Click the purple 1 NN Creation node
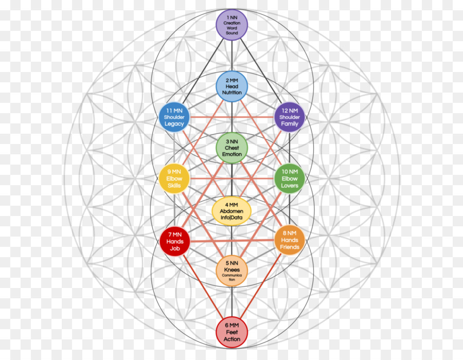[x=232, y=25]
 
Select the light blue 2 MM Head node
[x=232, y=86]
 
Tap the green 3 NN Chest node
[x=232, y=148]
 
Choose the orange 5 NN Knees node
[x=232, y=270]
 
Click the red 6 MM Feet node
[x=232, y=332]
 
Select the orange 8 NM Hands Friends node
[x=290, y=240]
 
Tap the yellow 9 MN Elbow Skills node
[x=174, y=178]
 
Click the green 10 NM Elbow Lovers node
[x=290, y=178]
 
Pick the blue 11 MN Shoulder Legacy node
[x=174, y=117]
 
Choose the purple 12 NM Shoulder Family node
[x=290, y=117]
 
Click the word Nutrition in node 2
[x=232, y=93]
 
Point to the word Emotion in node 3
[x=232, y=155]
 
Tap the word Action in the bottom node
[x=232, y=339]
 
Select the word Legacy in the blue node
[x=174, y=124]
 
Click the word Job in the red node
[x=175, y=248]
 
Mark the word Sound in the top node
[x=232, y=33]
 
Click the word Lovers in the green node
[x=290, y=186]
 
